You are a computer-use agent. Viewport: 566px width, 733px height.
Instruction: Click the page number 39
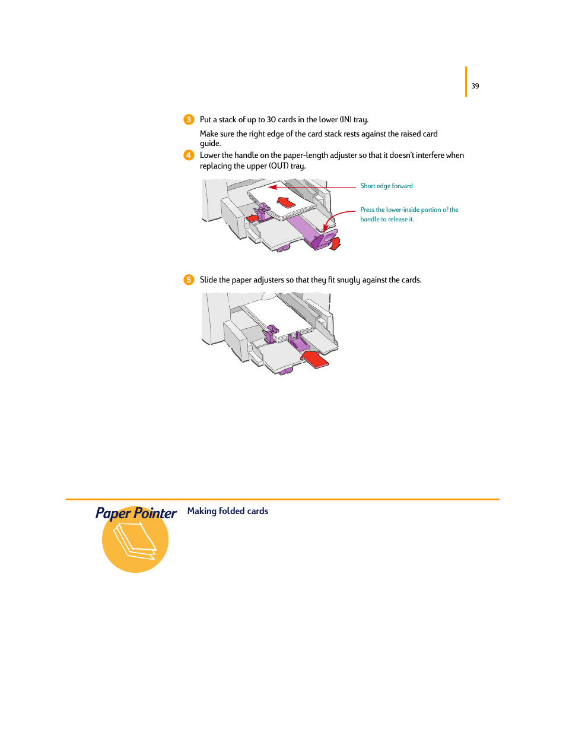pyautogui.click(x=475, y=86)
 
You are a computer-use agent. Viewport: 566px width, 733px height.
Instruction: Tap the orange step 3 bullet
pyautogui.click(x=189, y=119)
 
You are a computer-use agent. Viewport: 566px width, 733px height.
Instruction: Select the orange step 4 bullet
pyautogui.click(x=189, y=155)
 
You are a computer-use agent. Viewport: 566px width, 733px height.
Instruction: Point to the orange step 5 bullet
pyautogui.click(x=189, y=280)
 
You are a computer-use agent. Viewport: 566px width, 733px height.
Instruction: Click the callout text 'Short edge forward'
pyautogui.click(x=386, y=186)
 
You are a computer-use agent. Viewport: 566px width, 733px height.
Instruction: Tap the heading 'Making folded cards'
pyautogui.click(x=228, y=511)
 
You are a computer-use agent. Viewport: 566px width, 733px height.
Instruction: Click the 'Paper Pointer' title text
pyautogui.click(x=136, y=513)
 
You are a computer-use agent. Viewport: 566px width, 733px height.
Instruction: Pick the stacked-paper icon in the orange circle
pyautogui.click(x=135, y=541)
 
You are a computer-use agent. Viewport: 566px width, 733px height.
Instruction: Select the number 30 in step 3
pyautogui.click(x=271, y=119)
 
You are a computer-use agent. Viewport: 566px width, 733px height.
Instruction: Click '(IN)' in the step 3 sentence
pyautogui.click(x=345, y=119)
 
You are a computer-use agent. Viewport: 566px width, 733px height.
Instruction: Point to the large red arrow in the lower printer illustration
pyautogui.click(x=314, y=358)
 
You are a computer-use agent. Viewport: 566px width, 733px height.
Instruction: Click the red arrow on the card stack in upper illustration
pyautogui.click(x=287, y=202)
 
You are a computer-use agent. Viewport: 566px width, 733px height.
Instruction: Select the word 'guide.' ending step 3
pyautogui.click(x=210, y=144)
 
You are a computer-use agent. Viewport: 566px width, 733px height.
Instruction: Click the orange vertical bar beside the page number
pyautogui.click(x=466, y=81)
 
